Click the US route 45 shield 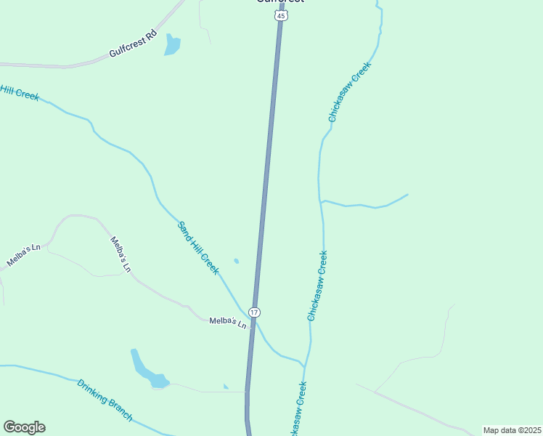coord(280,16)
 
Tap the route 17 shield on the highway coord(253,312)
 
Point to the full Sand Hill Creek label coord(198,248)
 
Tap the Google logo coord(24,427)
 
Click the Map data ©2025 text coord(512,430)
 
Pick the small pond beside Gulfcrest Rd coord(172,46)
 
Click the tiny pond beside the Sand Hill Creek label coord(237,261)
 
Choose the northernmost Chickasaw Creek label coord(349,91)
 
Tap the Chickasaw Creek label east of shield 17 coord(317,286)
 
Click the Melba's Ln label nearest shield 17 coord(228,321)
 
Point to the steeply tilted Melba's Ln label coord(121,254)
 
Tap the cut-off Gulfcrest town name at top coord(279,1)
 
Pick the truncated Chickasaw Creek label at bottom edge coord(298,411)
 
